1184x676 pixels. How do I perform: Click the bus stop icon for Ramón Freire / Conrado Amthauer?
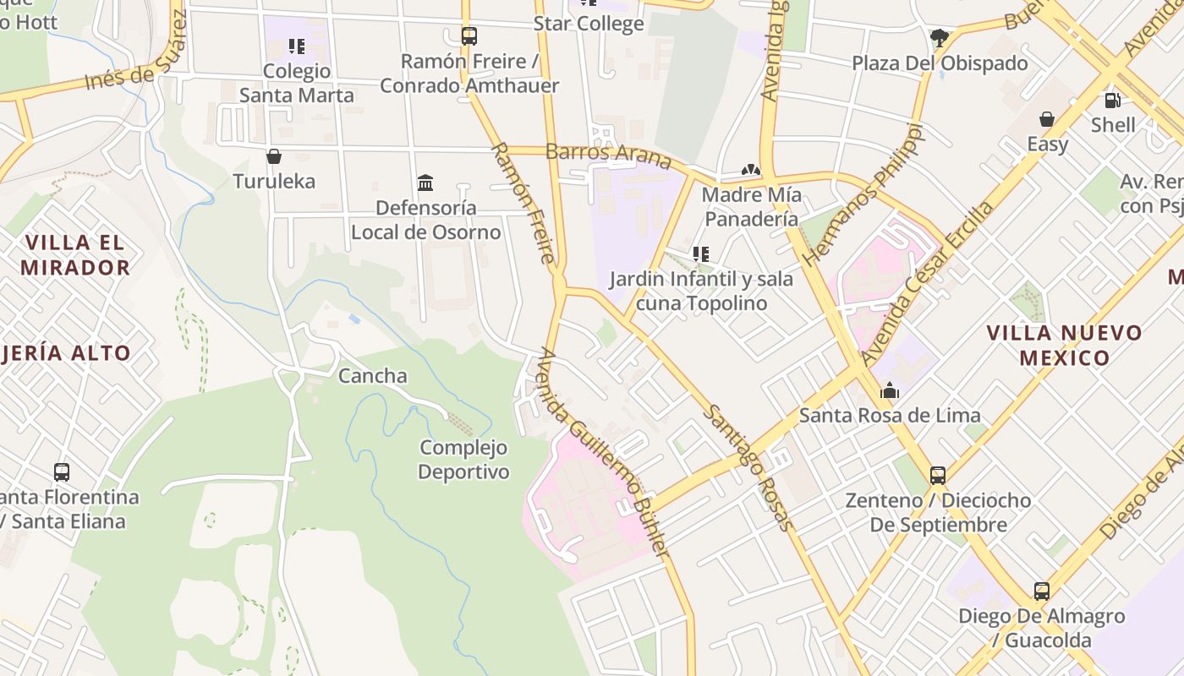(469, 36)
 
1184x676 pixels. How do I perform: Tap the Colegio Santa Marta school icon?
(296, 46)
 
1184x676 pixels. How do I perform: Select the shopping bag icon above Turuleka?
(273, 156)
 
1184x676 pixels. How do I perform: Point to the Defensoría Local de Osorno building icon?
(425, 183)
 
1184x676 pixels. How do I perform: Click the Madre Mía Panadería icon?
(750, 171)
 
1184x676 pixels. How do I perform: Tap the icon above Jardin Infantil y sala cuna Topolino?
(700, 253)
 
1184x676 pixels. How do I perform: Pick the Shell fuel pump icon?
(1112, 101)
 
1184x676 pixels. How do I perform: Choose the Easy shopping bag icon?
(1047, 119)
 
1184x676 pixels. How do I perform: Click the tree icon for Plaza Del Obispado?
(939, 37)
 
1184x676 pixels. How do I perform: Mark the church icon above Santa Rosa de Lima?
(890, 390)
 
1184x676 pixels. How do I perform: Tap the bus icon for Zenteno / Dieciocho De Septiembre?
(938, 475)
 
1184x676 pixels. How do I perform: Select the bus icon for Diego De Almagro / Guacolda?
(1041, 591)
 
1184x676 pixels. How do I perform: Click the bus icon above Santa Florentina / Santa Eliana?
(62, 472)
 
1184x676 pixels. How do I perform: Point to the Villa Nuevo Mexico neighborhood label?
(1064, 345)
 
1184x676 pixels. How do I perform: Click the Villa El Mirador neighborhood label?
(75, 255)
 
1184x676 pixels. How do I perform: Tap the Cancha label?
(373, 376)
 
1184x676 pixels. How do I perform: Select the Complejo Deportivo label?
(464, 460)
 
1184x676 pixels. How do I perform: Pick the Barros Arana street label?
(609, 156)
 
